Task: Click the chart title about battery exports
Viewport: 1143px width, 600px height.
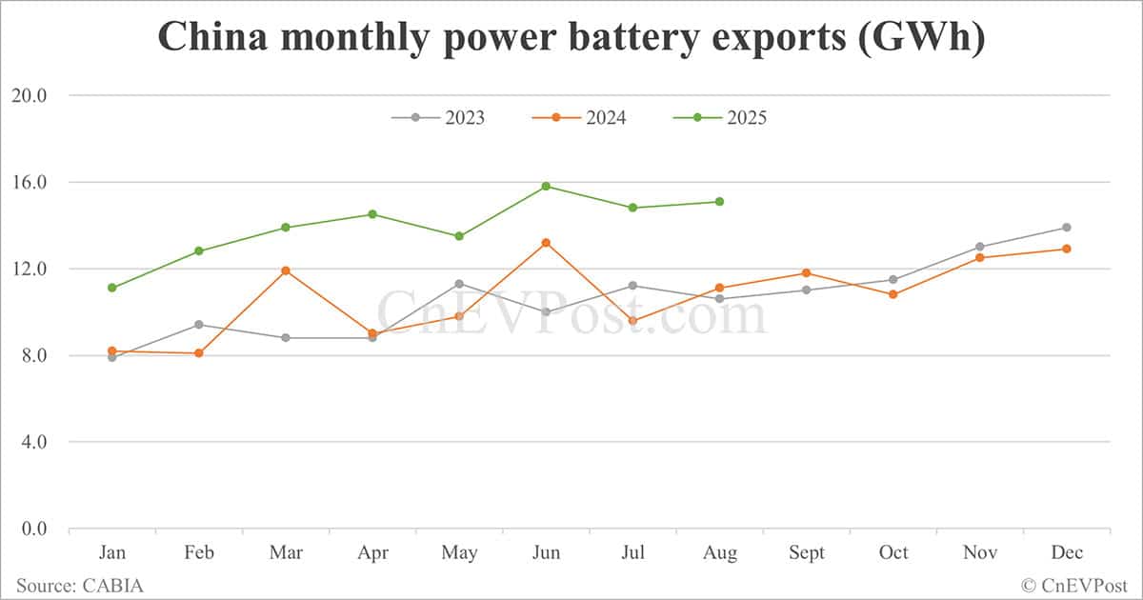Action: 571,37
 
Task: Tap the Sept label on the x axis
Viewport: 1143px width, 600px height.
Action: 806,553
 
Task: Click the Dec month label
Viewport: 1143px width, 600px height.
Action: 1067,553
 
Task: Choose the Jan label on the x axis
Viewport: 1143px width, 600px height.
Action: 112,553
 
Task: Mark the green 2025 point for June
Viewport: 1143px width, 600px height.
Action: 546,186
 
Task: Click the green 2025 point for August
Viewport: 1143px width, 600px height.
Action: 719,201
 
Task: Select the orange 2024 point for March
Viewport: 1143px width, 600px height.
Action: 286,270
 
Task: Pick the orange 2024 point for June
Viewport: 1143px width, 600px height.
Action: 546,243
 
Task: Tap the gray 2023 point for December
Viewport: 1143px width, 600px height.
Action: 1067,228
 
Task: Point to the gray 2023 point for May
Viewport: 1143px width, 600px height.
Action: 459,284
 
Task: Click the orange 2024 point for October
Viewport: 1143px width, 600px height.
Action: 892,294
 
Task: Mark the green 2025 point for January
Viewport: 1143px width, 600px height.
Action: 112,288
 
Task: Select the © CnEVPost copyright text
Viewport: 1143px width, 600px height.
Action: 1074,585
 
